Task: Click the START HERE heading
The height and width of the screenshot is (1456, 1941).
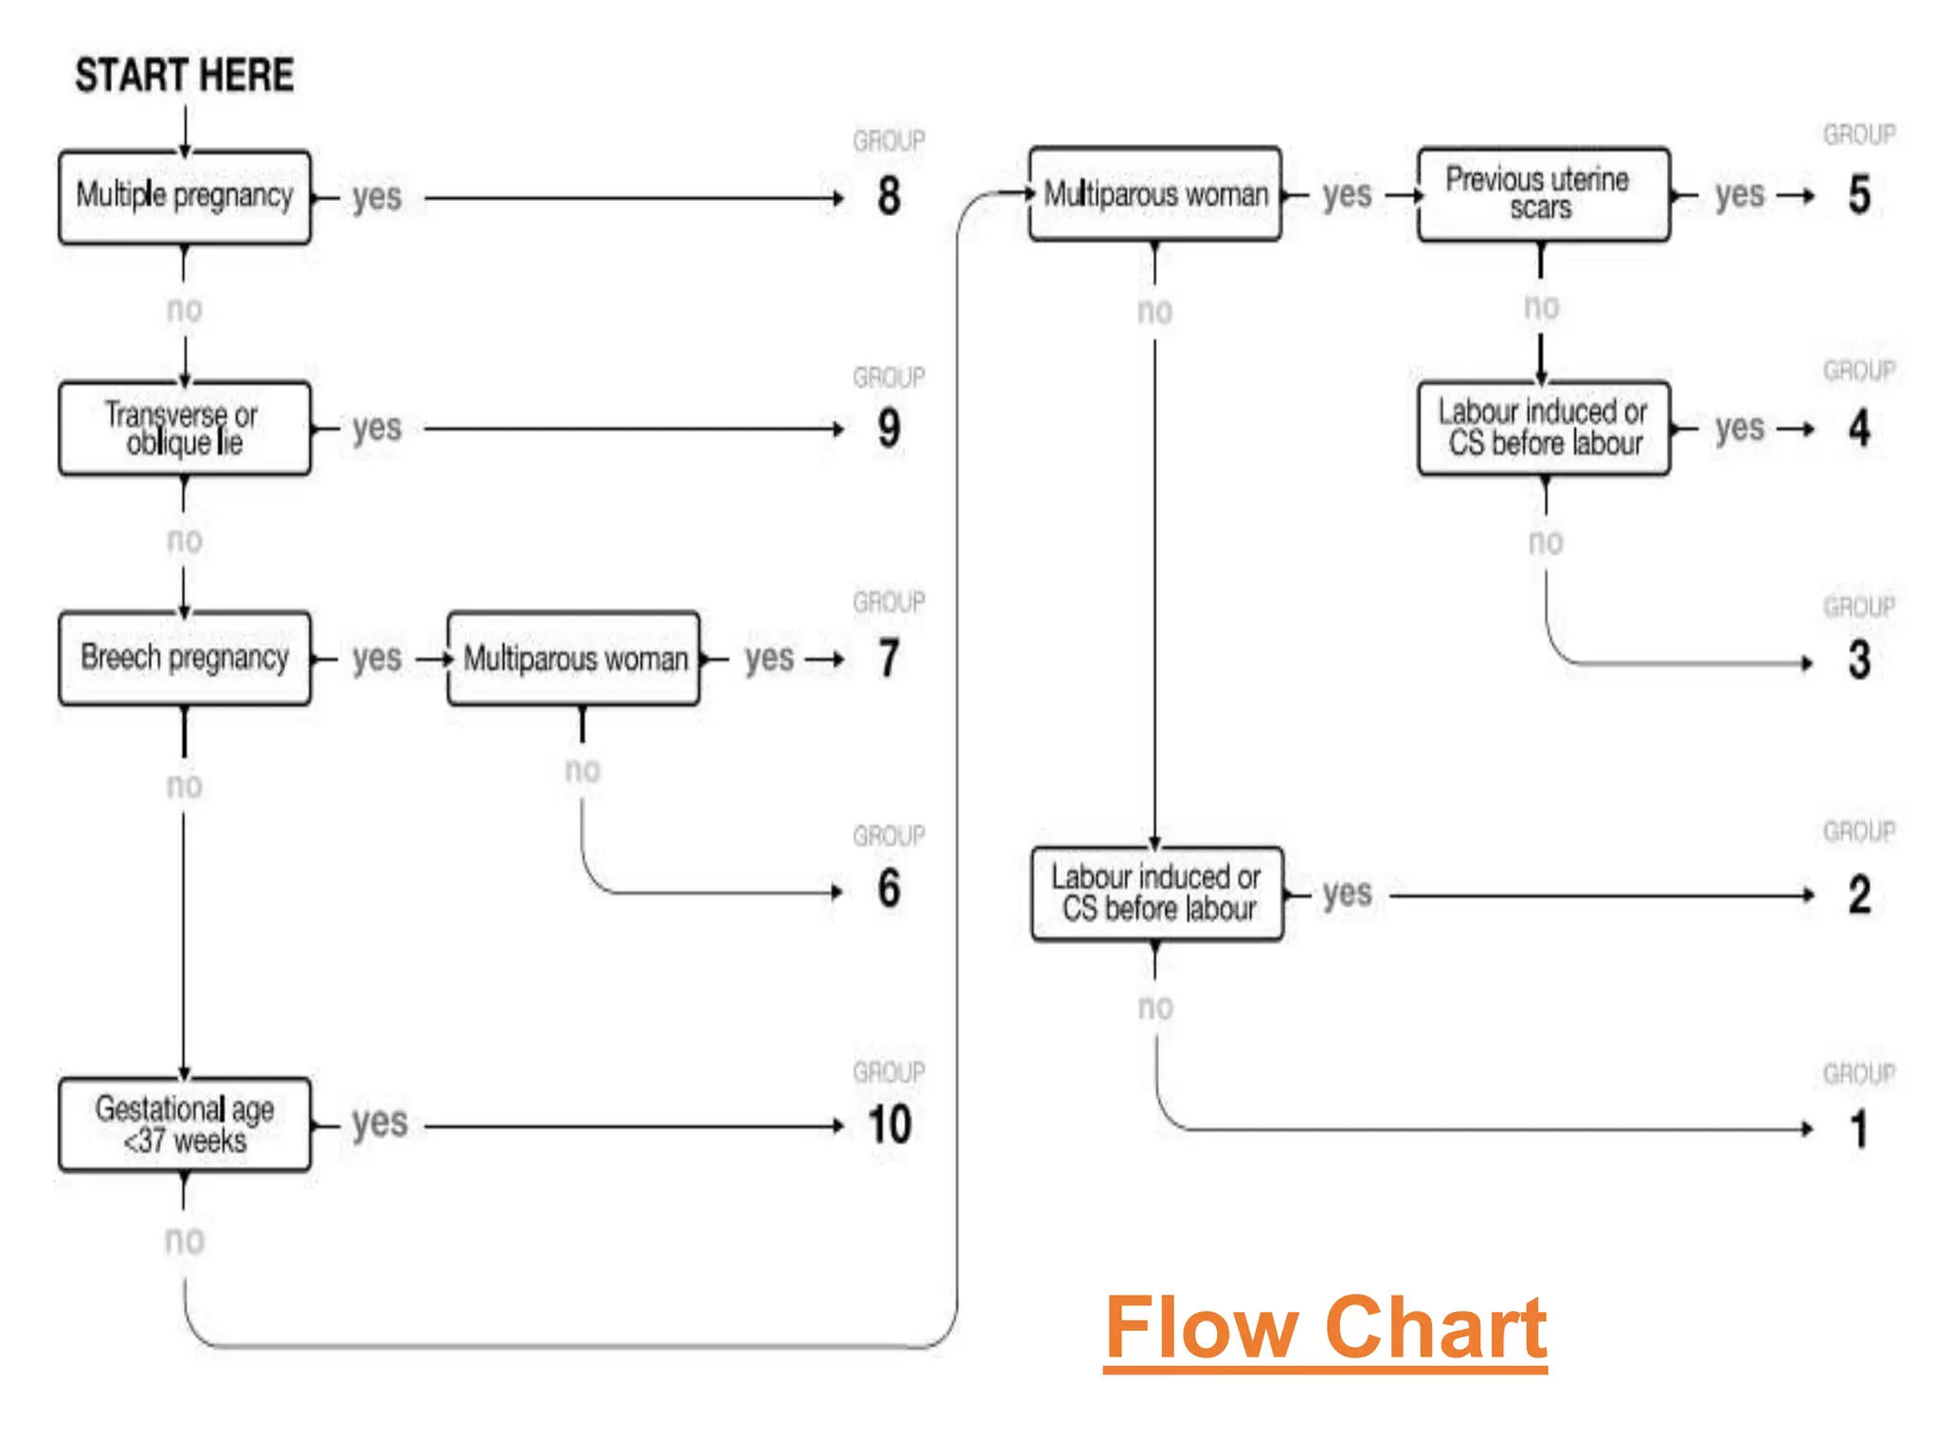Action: [x=184, y=75]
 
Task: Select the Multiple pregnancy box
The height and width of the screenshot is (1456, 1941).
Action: [x=185, y=196]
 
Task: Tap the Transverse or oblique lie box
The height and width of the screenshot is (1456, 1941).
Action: [x=185, y=428]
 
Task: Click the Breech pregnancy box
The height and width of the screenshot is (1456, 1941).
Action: [x=185, y=658]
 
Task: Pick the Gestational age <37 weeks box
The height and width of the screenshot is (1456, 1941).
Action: [x=185, y=1124]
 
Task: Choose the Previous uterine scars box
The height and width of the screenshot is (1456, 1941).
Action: [x=1543, y=193]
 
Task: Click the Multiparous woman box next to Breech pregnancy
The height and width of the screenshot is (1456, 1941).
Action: [x=574, y=658]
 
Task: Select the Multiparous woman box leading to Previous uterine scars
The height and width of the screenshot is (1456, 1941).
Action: [x=1155, y=193]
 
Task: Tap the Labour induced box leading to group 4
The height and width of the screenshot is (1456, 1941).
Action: [x=1543, y=428]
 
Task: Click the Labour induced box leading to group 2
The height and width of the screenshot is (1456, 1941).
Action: [x=1157, y=893]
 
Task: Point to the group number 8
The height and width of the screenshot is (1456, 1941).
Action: [x=888, y=196]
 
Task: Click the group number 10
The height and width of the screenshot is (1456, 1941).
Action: [x=889, y=1124]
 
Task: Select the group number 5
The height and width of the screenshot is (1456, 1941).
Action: [x=1859, y=194]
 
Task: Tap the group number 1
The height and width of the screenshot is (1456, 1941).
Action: [x=1859, y=1129]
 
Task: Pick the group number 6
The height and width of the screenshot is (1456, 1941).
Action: [x=888, y=888]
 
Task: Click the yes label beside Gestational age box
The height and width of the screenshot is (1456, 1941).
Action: [x=379, y=1123]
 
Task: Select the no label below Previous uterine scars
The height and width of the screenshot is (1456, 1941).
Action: [x=1542, y=306]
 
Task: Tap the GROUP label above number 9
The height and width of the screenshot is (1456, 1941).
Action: [x=888, y=377]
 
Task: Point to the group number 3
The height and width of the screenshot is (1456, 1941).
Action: [x=1859, y=660]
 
